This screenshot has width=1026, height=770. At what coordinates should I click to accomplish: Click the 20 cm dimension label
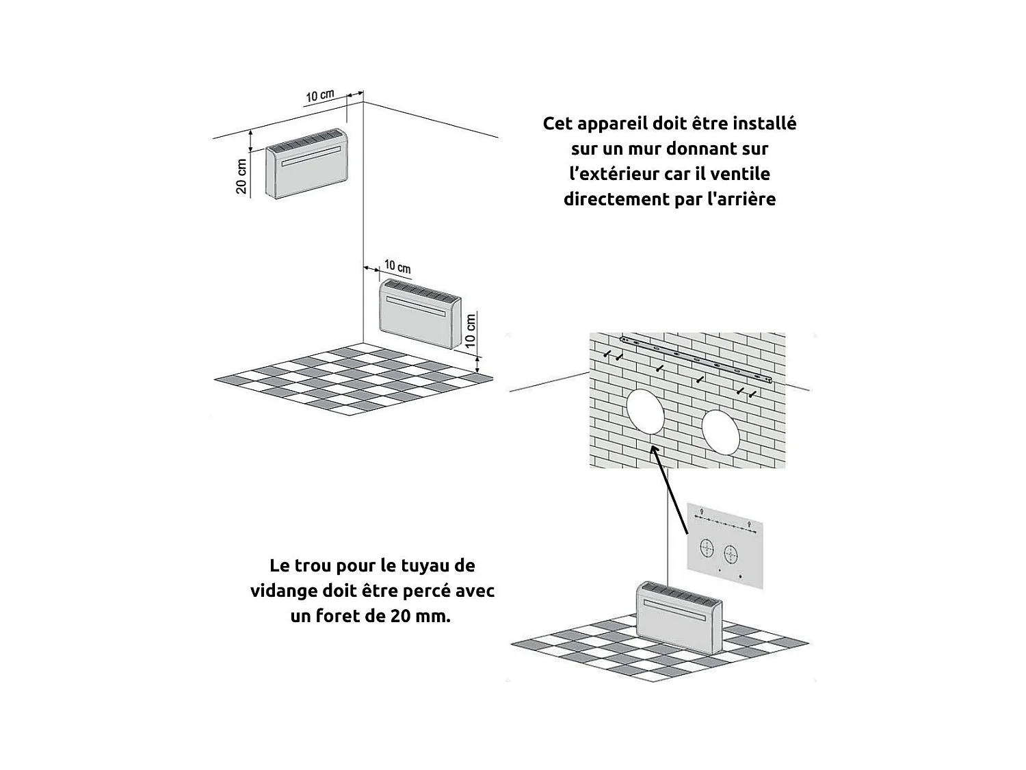pyautogui.click(x=241, y=176)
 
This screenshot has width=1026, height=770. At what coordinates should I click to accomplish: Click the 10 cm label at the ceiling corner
pyautogui.click(x=319, y=96)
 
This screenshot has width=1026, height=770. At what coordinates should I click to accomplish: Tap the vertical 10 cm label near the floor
pyautogui.click(x=471, y=331)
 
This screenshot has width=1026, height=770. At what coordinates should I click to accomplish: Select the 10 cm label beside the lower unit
pyautogui.click(x=397, y=266)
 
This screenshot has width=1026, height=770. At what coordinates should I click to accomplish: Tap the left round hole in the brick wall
pyautogui.click(x=644, y=410)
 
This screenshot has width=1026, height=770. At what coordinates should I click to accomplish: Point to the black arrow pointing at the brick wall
pyautogui.click(x=670, y=489)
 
